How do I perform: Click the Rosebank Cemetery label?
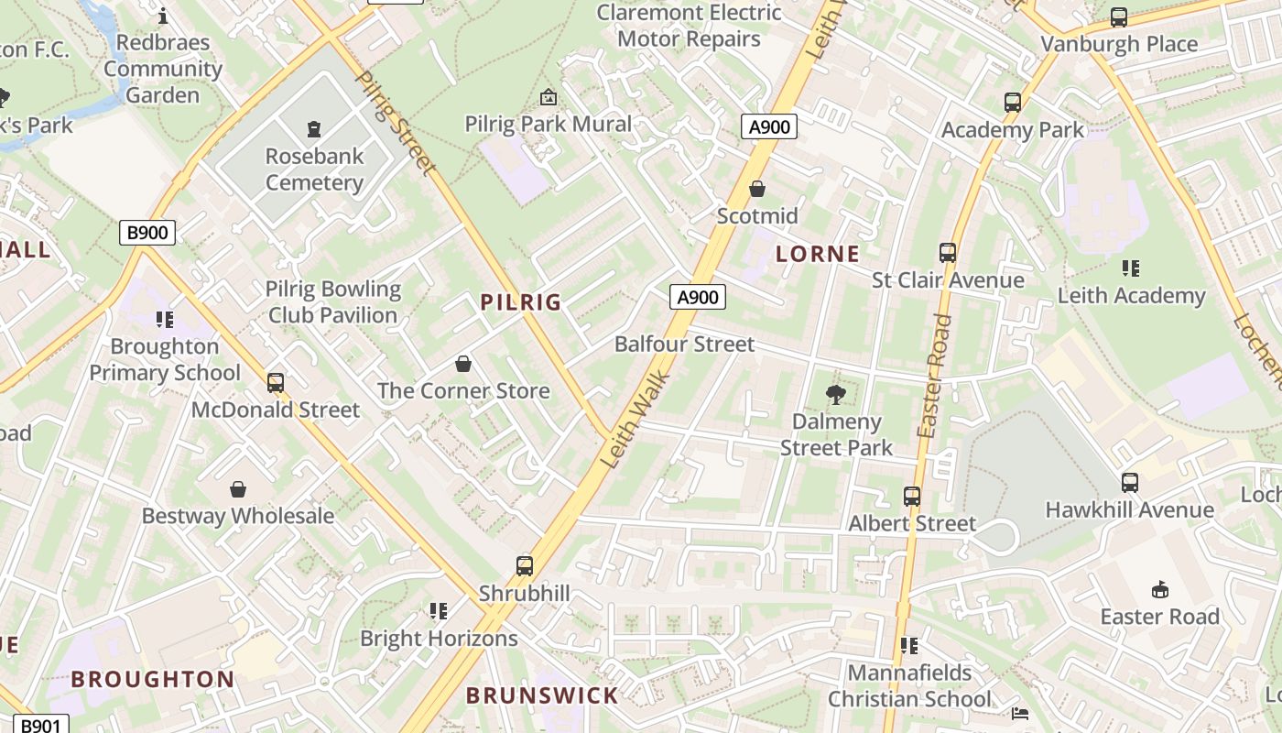point(314,170)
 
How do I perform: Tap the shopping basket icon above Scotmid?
point(757,189)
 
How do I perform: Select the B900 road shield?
point(147,233)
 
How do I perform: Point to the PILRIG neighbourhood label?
point(521,302)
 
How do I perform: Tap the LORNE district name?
point(818,255)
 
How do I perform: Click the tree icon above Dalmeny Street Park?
point(835,395)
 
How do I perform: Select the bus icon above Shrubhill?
point(525,566)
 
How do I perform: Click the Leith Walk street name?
point(638,419)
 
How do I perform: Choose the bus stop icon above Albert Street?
point(912,497)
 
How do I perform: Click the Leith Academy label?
point(1131,295)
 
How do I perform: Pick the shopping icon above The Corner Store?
point(463,364)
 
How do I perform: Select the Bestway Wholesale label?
point(238,516)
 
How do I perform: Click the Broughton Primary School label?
point(165,360)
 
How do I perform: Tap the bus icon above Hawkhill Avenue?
point(1130,483)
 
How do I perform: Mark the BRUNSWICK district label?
point(542,695)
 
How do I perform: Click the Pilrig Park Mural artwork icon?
point(549,96)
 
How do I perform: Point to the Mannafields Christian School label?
point(909,686)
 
